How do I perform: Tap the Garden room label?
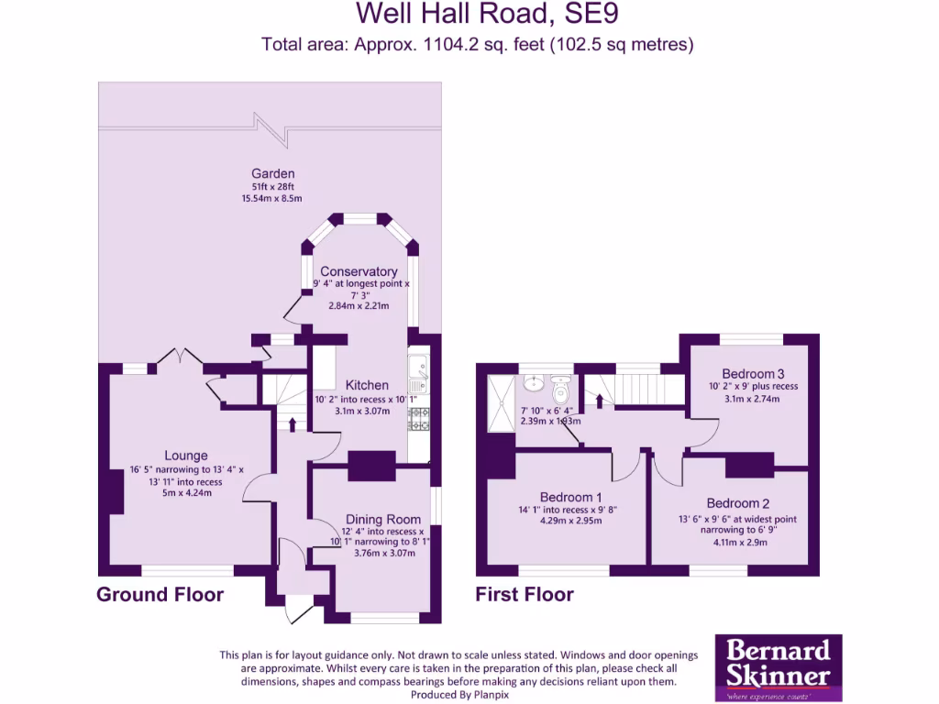point(274,173)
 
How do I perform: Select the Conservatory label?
point(359,271)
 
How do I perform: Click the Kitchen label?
point(367,385)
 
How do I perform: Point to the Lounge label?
point(186,456)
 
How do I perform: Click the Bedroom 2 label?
point(733,503)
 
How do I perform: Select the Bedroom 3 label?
point(753,373)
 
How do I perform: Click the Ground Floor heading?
point(160,595)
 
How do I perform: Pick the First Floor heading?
point(525,595)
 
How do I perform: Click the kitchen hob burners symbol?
point(418,418)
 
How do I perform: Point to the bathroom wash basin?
point(533,384)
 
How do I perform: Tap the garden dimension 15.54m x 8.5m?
point(272,198)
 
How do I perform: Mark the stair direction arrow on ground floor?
point(293,423)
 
